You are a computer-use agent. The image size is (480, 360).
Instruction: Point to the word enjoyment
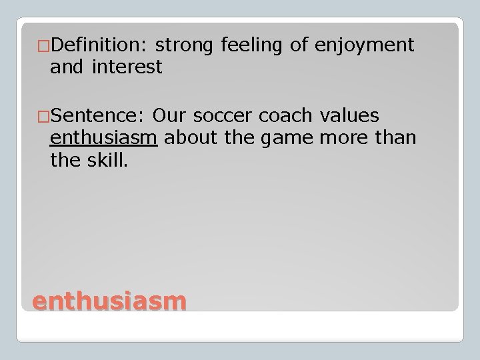[365, 45]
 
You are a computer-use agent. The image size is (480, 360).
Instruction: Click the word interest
[127, 67]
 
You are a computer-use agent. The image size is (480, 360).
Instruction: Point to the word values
[349, 116]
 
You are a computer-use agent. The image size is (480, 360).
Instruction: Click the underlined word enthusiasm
[103, 138]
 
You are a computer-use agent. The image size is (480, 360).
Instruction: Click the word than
[397, 138]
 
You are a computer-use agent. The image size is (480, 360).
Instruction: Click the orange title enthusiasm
[109, 301]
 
